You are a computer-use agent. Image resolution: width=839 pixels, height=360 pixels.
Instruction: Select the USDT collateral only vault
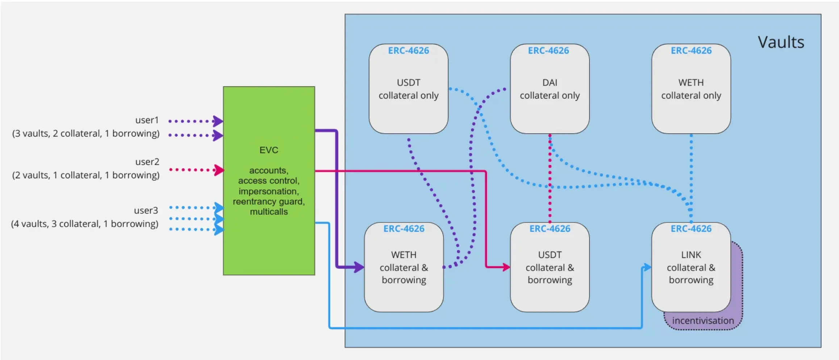(408, 89)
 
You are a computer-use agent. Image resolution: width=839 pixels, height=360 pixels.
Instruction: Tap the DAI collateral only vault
(550, 89)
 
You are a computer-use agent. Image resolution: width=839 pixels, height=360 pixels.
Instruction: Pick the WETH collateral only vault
(691, 89)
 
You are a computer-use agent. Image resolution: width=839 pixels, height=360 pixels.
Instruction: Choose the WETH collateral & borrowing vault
(404, 267)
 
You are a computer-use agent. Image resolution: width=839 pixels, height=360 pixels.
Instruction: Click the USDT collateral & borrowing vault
(550, 267)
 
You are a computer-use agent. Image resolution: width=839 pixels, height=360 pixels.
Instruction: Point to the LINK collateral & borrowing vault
(691, 267)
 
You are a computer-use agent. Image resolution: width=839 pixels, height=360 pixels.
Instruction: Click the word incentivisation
(703, 321)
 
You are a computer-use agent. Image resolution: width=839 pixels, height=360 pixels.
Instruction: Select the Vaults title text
(781, 42)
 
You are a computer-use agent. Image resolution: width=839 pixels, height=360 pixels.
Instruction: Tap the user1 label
(147, 120)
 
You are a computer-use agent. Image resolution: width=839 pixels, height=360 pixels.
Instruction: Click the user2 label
(147, 162)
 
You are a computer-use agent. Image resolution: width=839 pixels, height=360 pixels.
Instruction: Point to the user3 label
(146, 210)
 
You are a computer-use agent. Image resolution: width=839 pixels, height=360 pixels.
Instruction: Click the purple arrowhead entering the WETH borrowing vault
(359, 267)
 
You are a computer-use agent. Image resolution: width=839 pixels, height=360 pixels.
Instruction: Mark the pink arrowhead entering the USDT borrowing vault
(506, 267)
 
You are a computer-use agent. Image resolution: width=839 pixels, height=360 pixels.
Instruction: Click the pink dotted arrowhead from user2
(218, 170)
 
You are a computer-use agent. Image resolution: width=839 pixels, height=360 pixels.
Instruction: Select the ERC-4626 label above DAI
(548, 51)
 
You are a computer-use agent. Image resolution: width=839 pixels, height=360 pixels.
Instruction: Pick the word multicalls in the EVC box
(269, 212)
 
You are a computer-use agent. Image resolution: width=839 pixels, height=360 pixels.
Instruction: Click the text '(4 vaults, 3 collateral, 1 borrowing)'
(85, 224)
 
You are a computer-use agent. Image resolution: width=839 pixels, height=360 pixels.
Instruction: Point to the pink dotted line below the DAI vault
(550, 177)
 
